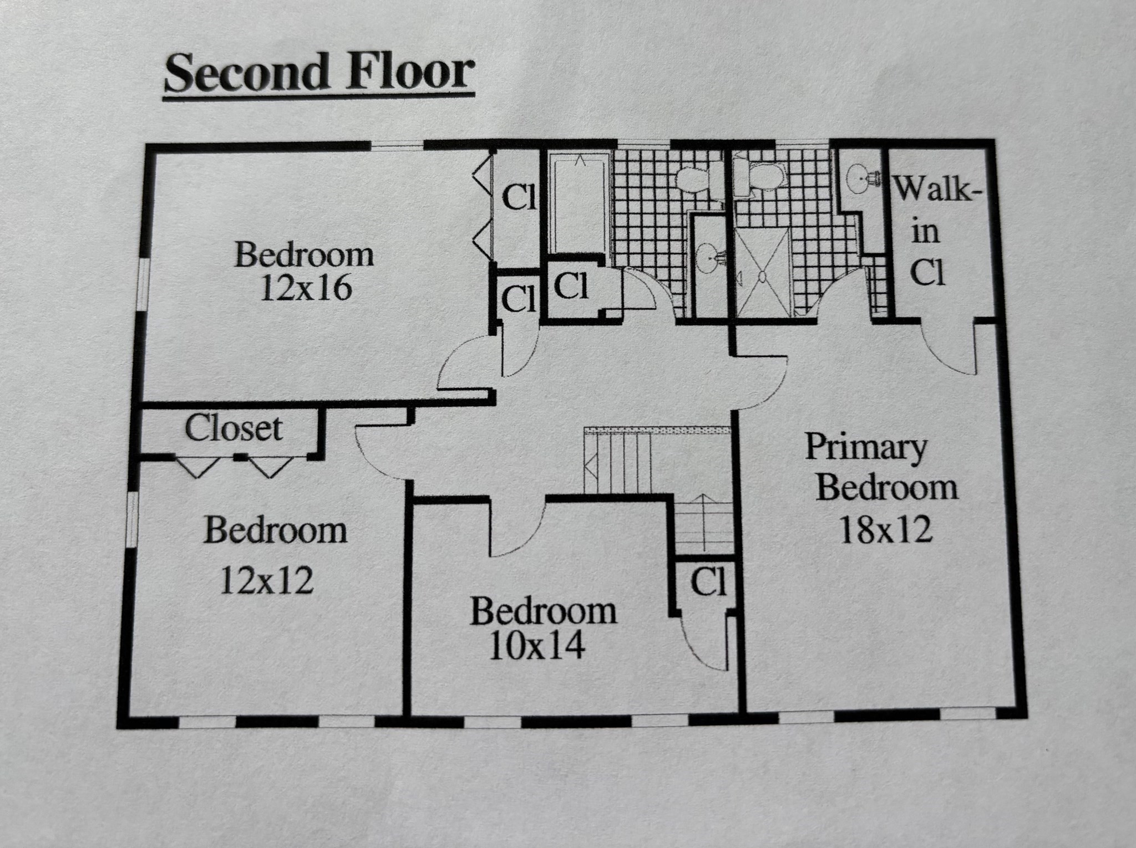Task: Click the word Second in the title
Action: pyautogui.click(x=244, y=73)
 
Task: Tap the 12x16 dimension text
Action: pyautogui.click(x=306, y=289)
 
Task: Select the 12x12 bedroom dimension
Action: pyautogui.click(x=267, y=580)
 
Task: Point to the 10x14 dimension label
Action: pyautogui.click(x=536, y=646)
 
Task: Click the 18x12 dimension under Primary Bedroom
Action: pyautogui.click(x=886, y=530)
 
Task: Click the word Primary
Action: pyautogui.click(x=866, y=447)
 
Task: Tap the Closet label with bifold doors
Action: pyautogui.click(x=234, y=428)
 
